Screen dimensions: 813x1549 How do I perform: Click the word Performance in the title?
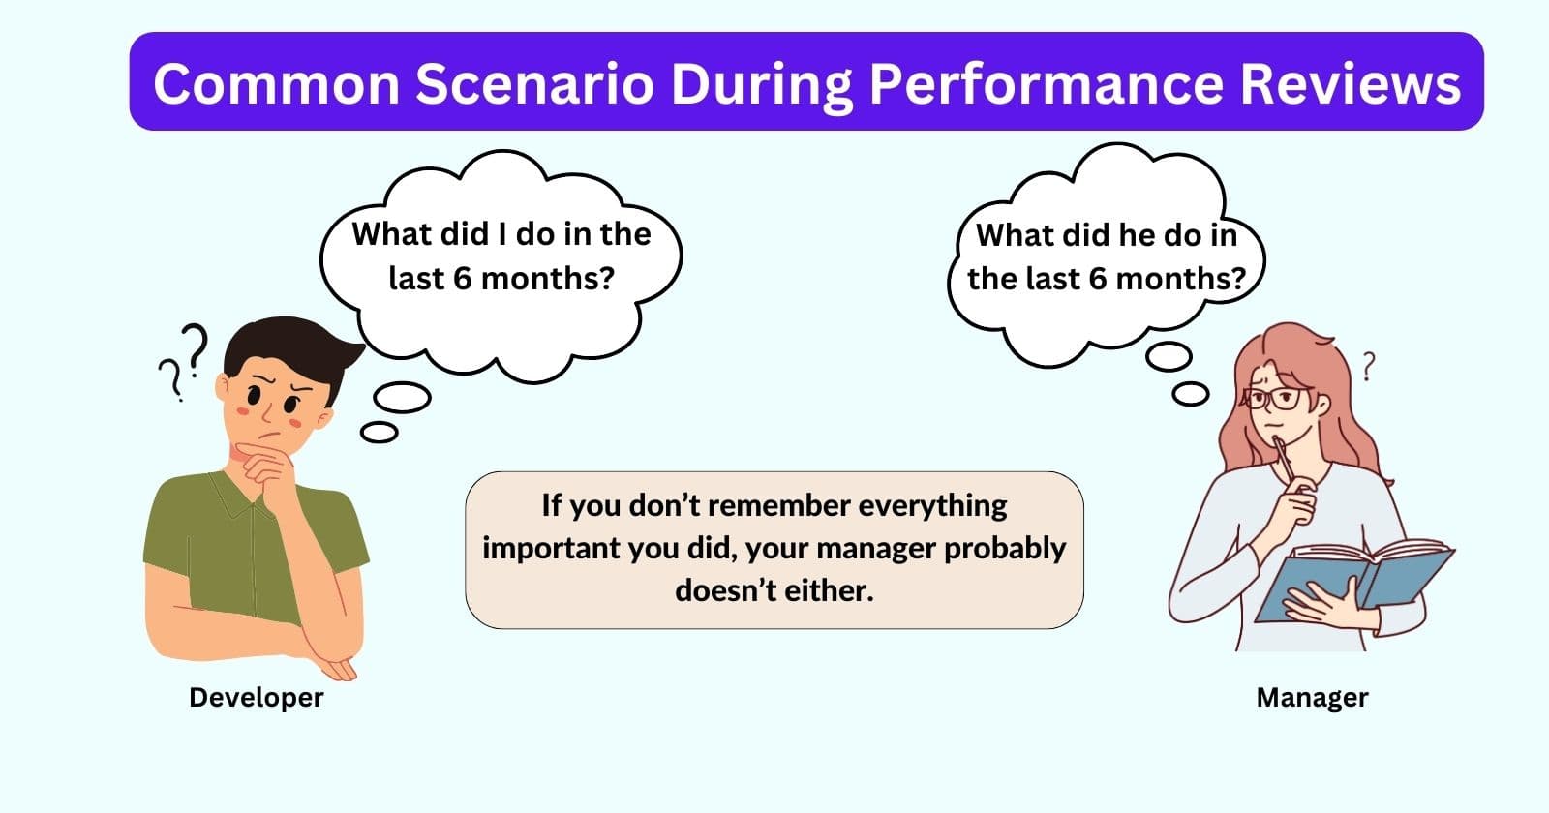tap(1047, 83)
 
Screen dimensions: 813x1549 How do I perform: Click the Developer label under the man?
tap(257, 697)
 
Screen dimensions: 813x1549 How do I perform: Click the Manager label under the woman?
tap(1312, 697)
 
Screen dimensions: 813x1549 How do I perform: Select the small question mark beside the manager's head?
tap(1368, 365)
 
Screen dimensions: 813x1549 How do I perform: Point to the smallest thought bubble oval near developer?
tap(379, 432)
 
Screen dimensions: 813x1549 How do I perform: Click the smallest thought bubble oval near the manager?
tap(1190, 394)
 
